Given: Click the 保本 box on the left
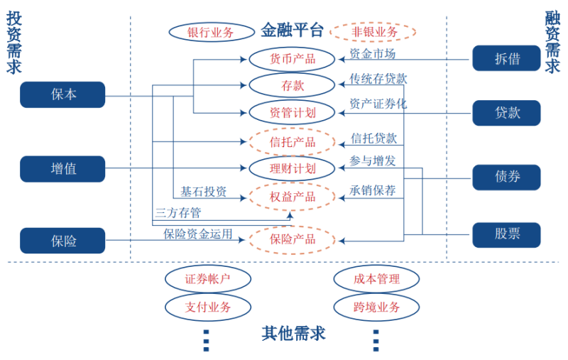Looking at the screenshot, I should (x=62, y=94).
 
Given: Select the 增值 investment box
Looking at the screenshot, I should (x=62, y=169).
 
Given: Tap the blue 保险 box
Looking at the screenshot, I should (x=62, y=241).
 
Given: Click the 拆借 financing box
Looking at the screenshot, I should (x=506, y=58).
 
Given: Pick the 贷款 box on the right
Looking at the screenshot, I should (x=506, y=113).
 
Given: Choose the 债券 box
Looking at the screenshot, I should (x=506, y=177).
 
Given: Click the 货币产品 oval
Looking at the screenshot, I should (x=292, y=58).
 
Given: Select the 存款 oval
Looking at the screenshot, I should (x=292, y=85).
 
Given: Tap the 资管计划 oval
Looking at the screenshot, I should (x=292, y=112).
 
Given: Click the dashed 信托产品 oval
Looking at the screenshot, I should (x=292, y=141).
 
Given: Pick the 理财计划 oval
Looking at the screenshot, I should (x=292, y=168).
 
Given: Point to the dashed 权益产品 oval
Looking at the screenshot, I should (x=292, y=196).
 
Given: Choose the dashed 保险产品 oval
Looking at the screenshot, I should (x=292, y=239).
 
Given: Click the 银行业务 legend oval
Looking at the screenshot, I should (x=211, y=32).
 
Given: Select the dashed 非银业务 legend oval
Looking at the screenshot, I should (x=373, y=32).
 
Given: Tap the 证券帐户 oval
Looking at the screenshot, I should (x=207, y=279).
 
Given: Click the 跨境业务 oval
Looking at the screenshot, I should (x=376, y=307).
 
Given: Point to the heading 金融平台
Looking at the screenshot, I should (x=292, y=31).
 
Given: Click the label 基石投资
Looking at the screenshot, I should (x=203, y=192).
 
